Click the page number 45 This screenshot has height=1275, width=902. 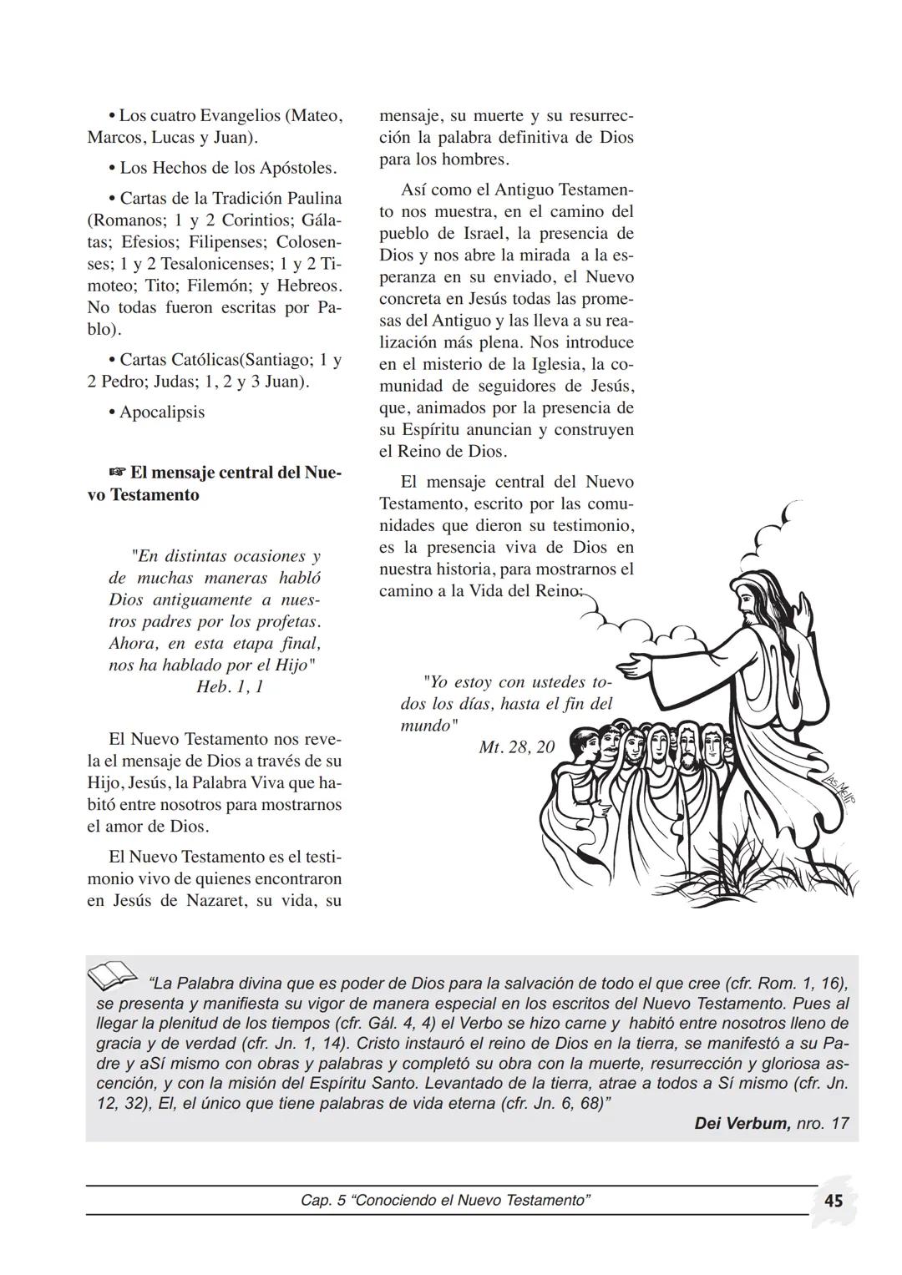point(834,1201)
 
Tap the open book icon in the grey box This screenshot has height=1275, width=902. point(113,974)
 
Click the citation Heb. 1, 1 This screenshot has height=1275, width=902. point(230,687)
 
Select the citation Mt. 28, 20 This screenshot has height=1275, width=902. point(516,747)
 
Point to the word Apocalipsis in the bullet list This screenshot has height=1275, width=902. point(162,412)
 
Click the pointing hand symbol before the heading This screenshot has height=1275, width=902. point(117,473)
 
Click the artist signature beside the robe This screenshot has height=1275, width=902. point(844,787)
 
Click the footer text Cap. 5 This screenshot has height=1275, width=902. point(322,1201)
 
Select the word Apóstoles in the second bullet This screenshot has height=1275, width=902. point(297,168)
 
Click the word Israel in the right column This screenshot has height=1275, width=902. point(496,234)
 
